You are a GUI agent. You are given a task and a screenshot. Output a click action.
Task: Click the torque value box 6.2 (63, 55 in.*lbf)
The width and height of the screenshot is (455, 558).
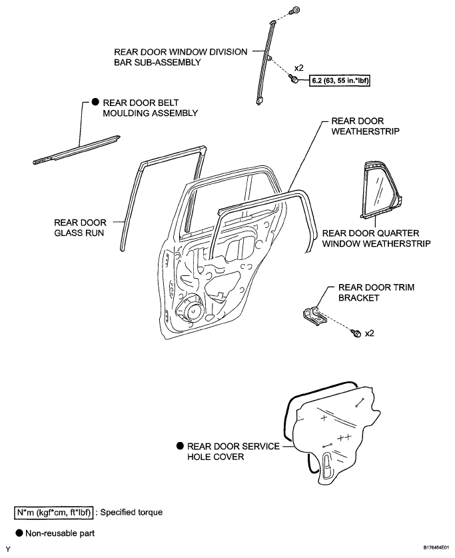point(340,81)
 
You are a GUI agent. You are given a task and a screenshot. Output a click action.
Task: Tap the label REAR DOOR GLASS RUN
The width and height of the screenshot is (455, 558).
point(80,228)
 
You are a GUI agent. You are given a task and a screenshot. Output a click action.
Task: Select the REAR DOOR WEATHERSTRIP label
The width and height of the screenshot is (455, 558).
point(365,126)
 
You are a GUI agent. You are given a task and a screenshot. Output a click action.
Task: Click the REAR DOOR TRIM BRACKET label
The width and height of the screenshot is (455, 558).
point(376,293)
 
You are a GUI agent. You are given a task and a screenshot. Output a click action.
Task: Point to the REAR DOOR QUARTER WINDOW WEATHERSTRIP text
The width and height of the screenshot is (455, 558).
point(376,239)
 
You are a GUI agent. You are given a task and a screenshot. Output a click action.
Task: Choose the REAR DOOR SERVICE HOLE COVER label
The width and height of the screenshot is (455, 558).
point(233,451)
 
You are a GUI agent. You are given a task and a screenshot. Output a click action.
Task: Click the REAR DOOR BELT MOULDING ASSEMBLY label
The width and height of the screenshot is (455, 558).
point(150,108)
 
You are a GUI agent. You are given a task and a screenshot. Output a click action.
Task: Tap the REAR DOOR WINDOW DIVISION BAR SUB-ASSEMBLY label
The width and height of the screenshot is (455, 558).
point(181,57)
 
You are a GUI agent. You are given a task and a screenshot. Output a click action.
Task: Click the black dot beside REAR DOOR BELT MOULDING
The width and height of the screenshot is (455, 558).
point(95,102)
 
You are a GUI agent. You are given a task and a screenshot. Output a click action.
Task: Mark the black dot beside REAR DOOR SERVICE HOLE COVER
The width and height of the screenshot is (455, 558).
point(181,446)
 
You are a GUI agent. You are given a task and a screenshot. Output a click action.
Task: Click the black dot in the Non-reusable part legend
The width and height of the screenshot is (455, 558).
point(19,533)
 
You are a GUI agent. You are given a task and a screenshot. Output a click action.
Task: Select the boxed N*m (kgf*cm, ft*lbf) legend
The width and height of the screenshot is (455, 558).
point(53,513)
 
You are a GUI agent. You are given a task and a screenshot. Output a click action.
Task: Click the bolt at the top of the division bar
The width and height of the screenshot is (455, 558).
point(294,10)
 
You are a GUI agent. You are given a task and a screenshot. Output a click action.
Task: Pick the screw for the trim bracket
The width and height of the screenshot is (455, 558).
point(356,333)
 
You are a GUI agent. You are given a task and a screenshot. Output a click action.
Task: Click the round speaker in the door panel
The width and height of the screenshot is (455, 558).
point(191,309)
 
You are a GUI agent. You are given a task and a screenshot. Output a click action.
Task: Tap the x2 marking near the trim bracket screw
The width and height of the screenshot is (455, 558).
point(370,333)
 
